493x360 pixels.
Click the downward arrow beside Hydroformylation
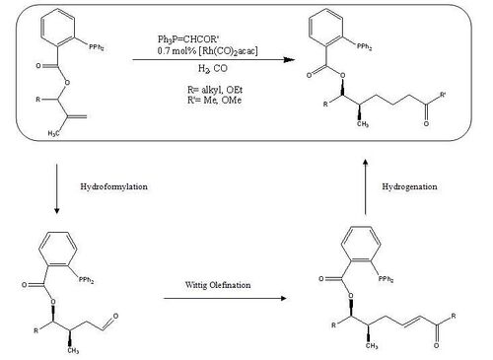pos(56,183)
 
